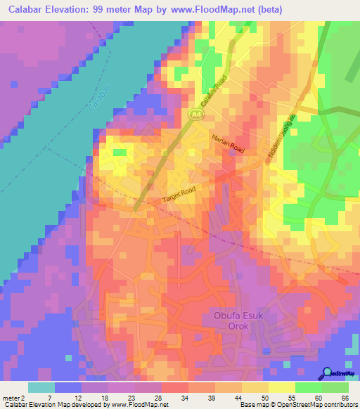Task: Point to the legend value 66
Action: [345, 397]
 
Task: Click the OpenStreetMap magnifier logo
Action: [327, 374]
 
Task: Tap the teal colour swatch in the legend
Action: [41, 387]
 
